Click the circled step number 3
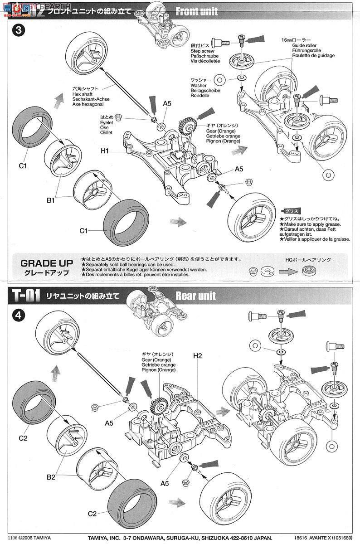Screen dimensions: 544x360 click(x=18, y=31)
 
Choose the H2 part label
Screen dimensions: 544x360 click(x=197, y=356)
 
